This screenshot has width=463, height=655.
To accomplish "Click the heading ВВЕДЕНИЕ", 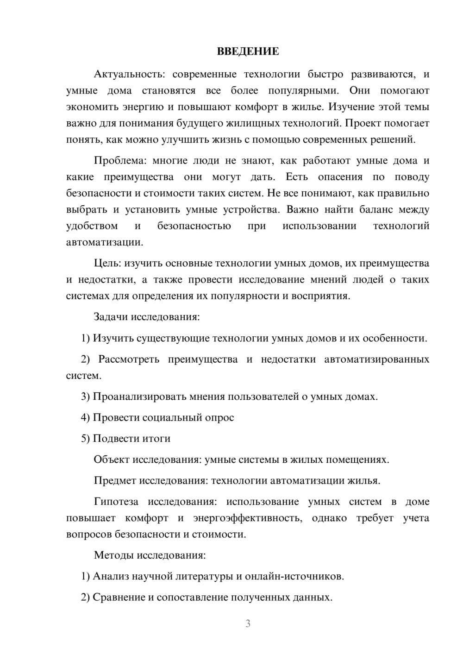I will [x=248, y=51].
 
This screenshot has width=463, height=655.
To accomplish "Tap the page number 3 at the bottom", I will [x=248, y=624].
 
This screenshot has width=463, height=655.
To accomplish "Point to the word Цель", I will [x=107, y=264].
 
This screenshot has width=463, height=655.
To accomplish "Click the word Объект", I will [x=111, y=460].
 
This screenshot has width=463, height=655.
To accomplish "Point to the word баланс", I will [x=378, y=209].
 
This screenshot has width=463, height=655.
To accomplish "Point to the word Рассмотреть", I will [x=129, y=359].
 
